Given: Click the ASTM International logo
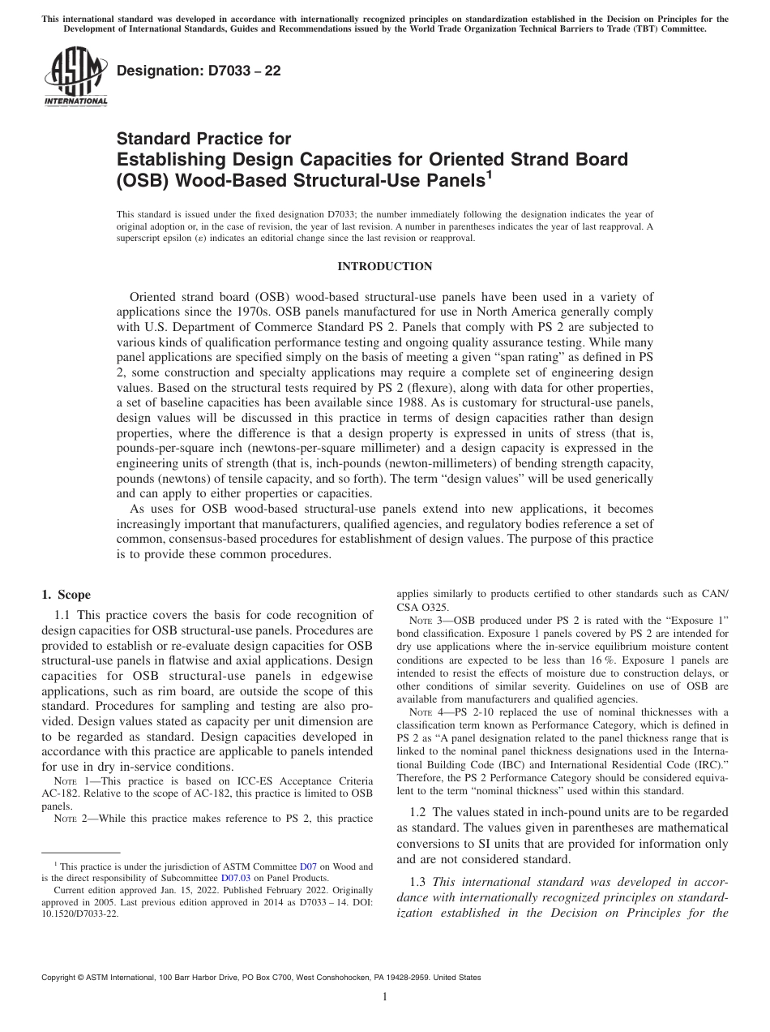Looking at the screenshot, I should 75,78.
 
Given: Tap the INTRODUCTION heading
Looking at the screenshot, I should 385,266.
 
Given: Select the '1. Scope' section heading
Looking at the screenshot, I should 66,595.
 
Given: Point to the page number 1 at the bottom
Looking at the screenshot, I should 385,997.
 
